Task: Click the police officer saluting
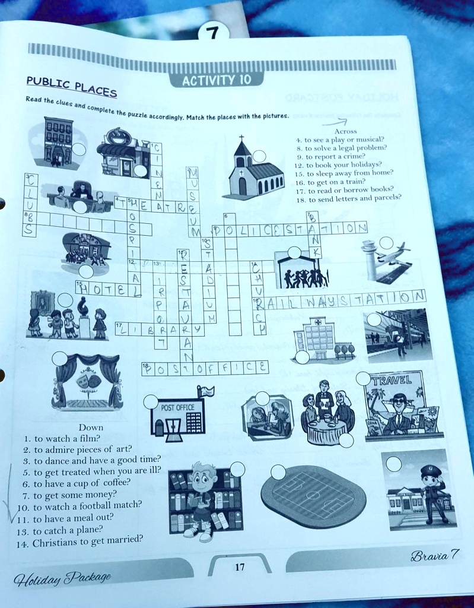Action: coord(432,493)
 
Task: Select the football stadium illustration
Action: coord(313,496)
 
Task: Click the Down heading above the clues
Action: coord(91,427)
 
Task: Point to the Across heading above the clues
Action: coord(345,131)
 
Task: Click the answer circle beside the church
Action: coord(259,156)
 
